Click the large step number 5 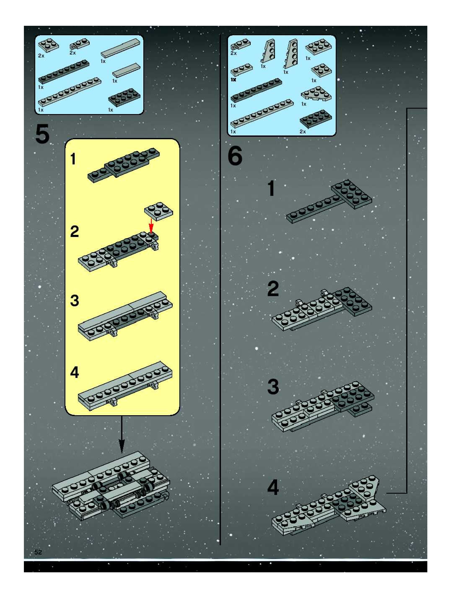pyautogui.click(x=42, y=134)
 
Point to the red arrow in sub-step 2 pyautogui.click(x=151, y=225)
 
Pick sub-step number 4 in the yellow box pyautogui.click(x=75, y=372)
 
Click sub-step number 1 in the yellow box pyautogui.click(x=73, y=159)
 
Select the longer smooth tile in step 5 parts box pyautogui.click(x=121, y=48)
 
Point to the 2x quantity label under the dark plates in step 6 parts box pyautogui.click(x=303, y=131)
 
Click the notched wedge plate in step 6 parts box pyautogui.click(x=316, y=94)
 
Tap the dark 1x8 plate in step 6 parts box pyautogui.click(x=256, y=90)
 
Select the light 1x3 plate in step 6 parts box pyautogui.click(x=241, y=69)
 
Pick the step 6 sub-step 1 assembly pyautogui.click(x=329, y=201)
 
